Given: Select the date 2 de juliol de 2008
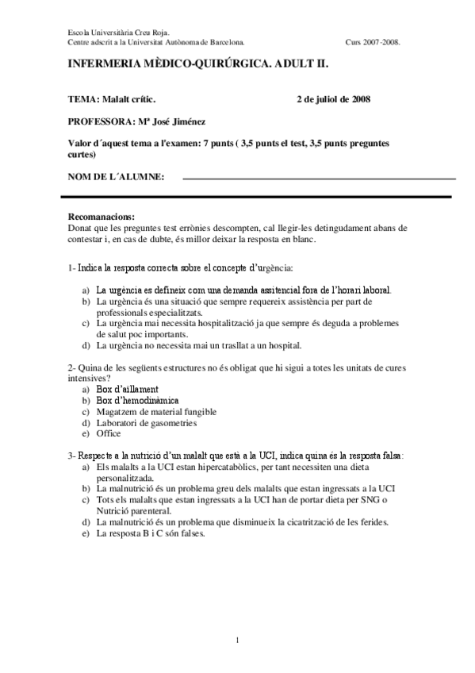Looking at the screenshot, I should (x=333, y=100).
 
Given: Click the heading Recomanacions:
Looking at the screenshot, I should (x=102, y=217).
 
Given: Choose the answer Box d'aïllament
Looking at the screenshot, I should (x=127, y=390).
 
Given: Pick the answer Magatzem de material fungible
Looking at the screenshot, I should (x=156, y=412).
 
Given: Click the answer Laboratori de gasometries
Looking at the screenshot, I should (x=146, y=423).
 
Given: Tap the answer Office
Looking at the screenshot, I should (x=109, y=434).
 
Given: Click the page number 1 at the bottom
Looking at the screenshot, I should (x=237, y=640).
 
